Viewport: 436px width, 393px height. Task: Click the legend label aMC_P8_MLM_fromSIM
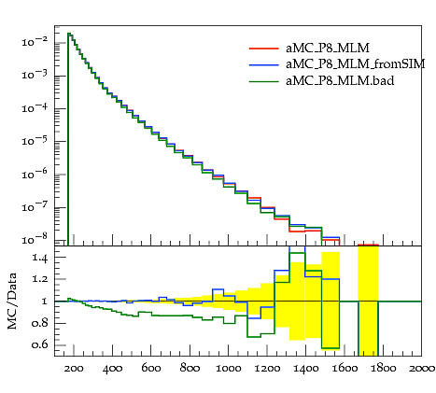(356, 64)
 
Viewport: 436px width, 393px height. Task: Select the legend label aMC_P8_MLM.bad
(340, 81)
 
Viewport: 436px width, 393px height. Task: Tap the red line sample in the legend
(263, 49)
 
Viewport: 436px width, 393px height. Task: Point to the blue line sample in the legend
(263, 64)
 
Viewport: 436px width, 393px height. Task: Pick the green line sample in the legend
(263, 81)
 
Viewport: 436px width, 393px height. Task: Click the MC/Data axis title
(12, 302)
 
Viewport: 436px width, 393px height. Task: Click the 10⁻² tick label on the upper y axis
(35, 41)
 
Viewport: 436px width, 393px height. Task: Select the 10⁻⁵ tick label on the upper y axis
(35, 141)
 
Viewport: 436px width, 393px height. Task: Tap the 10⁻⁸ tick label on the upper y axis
(35, 240)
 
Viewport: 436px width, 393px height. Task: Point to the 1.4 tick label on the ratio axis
(39, 258)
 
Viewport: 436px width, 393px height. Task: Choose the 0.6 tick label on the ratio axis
(39, 344)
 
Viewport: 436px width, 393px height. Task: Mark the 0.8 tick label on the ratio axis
(39, 323)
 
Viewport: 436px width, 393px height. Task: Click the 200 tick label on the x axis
(74, 369)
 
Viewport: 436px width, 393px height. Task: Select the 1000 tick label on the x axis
(228, 369)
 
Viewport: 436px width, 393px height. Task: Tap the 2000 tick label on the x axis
(422, 369)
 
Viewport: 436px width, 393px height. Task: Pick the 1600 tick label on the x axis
(345, 369)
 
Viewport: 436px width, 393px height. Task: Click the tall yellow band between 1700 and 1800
(368, 301)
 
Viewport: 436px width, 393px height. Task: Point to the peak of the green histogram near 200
(69, 33)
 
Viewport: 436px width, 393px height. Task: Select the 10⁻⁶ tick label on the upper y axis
(35, 174)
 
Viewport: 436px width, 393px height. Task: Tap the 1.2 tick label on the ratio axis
(39, 279)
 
